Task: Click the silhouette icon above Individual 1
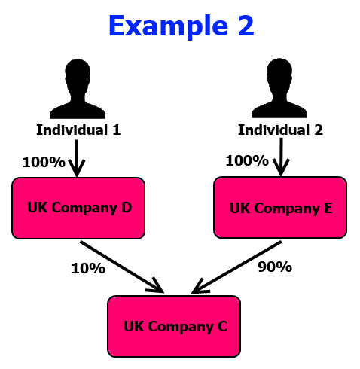pos(78,89)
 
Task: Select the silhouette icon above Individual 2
pos(279,88)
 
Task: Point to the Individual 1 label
pos(78,130)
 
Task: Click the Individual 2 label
pos(280,130)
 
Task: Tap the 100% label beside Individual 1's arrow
pos(44,162)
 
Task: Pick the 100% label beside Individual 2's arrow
pos(247,160)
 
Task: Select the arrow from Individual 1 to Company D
pos(77,158)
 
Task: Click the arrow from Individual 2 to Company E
pos(281,157)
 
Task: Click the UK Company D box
pos(78,208)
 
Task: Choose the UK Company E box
pos(280,207)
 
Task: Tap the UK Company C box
pos(174,326)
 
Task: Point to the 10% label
pos(88,268)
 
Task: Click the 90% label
pos(275,267)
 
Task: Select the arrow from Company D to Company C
pos(122,267)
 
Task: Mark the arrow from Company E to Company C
pos(236,267)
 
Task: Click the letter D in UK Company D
pos(127,207)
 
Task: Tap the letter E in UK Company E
pos(328,208)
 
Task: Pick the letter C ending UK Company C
pos(222,326)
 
